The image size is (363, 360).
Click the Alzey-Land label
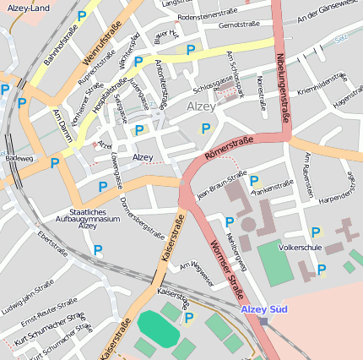pyautogui.click(x=29, y=7)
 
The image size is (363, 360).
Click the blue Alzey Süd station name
pyautogui.click(x=263, y=309)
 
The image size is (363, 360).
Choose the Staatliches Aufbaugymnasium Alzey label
pyautogui.click(x=88, y=218)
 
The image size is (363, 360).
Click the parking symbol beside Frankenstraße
pyautogui.click(x=253, y=180)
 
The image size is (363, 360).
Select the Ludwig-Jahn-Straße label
pyautogui.click(x=40, y=302)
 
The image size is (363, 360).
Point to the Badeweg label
pyautogui.click(x=19, y=157)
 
